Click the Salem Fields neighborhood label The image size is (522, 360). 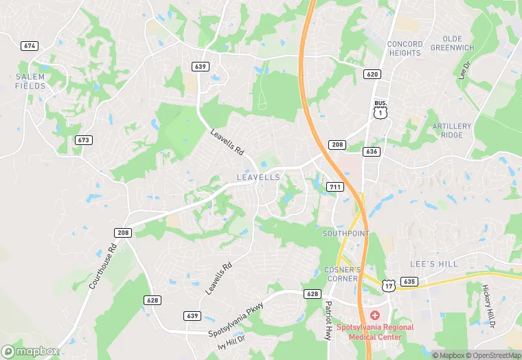tap(30, 81)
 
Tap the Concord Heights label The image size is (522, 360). tap(405, 48)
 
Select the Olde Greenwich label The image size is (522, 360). tap(453, 43)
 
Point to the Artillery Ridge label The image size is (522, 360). tap(452, 131)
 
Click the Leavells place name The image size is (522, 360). tap(258, 177)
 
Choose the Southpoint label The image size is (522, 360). tap(345, 234)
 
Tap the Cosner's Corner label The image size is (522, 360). tap(341, 273)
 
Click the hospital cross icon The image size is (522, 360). tap(375, 315)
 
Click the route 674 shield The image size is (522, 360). tap(29, 46)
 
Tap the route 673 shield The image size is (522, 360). tap(84, 139)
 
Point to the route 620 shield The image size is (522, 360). tap(372, 74)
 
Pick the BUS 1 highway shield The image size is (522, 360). tap(380, 110)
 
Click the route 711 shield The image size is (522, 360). tap(335, 187)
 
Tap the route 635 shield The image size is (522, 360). tap(410, 281)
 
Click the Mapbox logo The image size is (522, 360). tap(30, 351)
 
